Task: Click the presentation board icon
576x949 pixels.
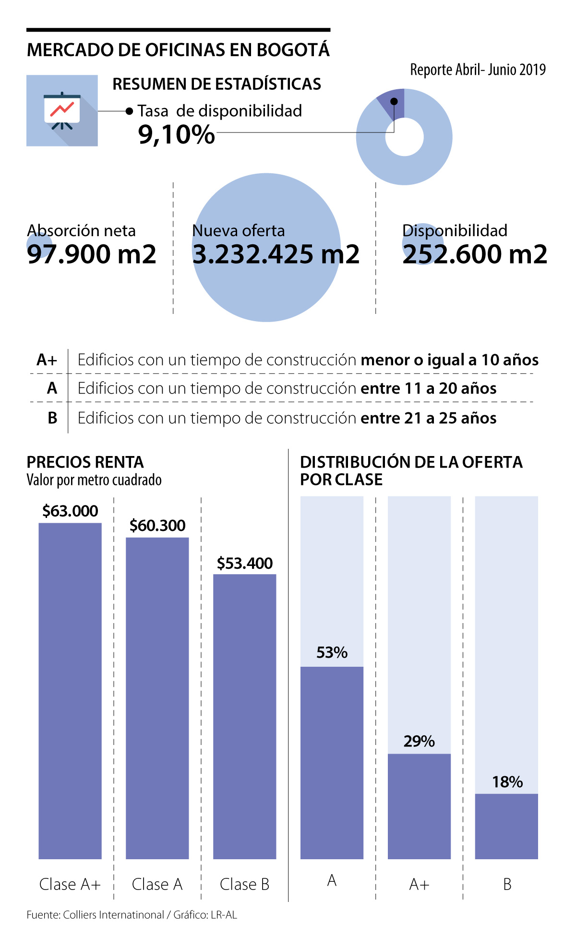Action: tap(62, 110)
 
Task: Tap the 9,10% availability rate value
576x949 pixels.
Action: tap(176, 134)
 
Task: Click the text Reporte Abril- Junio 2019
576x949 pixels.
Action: tap(478, 70)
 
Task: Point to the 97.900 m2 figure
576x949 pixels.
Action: tap(92, 254)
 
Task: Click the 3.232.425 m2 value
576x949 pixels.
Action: tap(276, 254)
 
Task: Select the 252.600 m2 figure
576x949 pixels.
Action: tap(475, 254)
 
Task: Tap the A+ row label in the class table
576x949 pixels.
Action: tap(47, 360)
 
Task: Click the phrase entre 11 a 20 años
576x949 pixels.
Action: tap(428, 388)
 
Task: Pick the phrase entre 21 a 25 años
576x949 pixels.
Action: tap(428, 418)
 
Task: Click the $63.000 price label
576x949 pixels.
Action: tap(70, 511)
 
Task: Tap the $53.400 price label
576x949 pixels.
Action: tap(245, 563)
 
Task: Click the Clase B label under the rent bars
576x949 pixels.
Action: tap(245, 884)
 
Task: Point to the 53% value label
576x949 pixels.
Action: tap(332, 653)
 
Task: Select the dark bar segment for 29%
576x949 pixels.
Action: tap(419, 806)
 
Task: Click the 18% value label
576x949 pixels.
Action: tap(507, 782)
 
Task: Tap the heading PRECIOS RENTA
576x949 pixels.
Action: tap(85, 462)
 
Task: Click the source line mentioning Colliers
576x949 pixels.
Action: tap(132, 915)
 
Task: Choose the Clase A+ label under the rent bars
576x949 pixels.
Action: tap(70, 884)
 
